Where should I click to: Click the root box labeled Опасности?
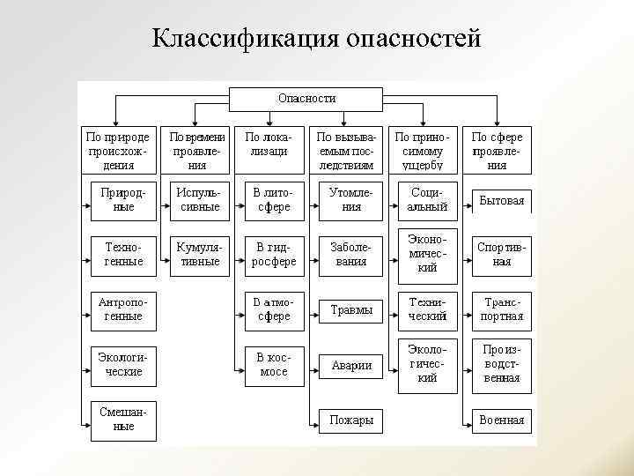(306, 99)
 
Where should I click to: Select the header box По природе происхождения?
(117, 150)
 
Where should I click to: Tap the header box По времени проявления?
(197, 150)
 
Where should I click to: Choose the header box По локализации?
(274, 150)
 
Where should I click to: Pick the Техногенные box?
(122, 255)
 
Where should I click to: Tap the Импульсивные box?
(197, 200)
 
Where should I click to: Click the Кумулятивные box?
(197, 255)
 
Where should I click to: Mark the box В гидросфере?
(274, 255)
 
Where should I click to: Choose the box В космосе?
(274, 364)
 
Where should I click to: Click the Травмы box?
(350, 310)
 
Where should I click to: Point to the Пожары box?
(350, 420)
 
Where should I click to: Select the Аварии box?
(350, 365)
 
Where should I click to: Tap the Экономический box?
(427, 253)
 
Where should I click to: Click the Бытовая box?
(502, 201)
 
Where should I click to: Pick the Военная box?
(502, 420)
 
